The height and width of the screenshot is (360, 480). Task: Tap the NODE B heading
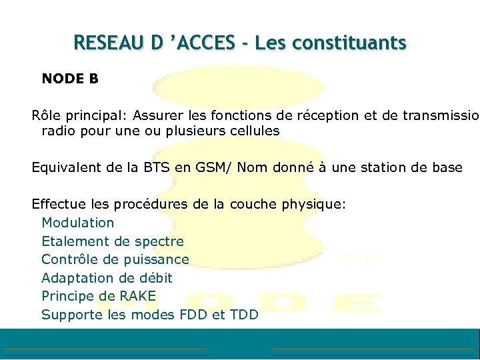click(70, 79)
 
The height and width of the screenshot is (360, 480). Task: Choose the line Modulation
click(78, 223)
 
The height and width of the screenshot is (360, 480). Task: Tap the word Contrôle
click(69, 259)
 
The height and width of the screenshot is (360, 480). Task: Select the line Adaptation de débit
click(107, 278)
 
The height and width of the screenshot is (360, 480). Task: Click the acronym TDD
click(244, 315)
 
